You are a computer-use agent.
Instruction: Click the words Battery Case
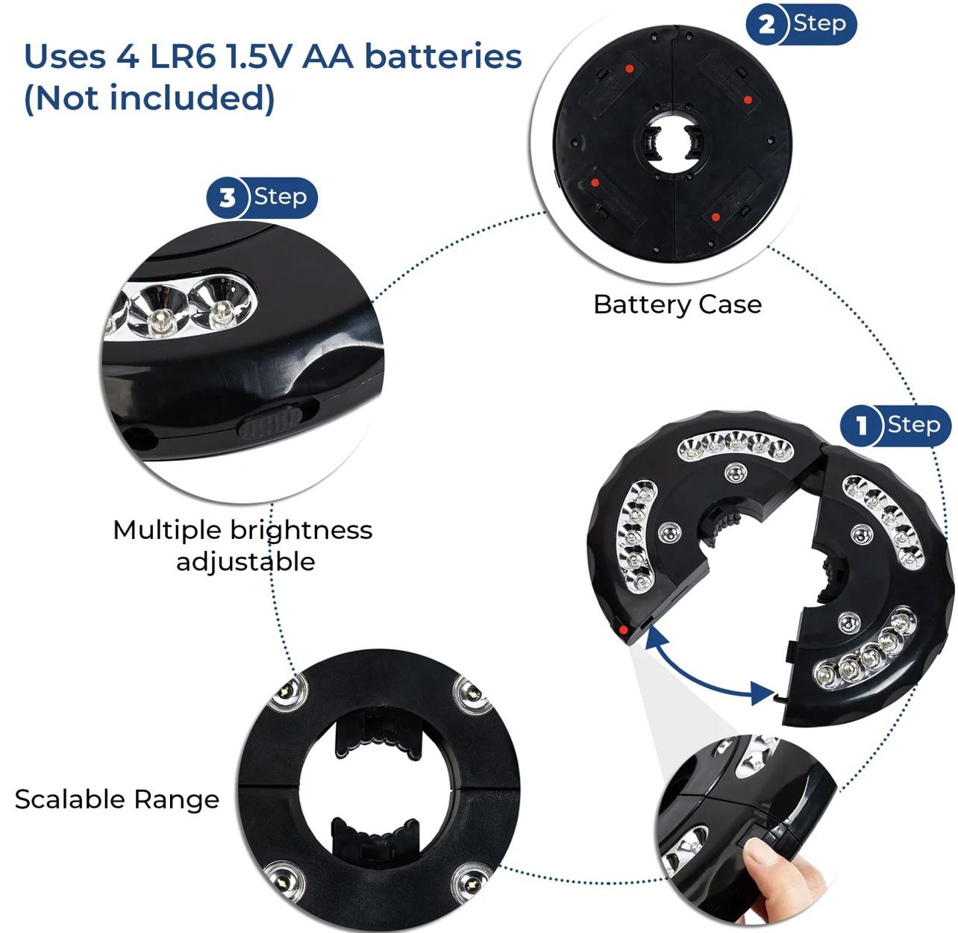point(677,305)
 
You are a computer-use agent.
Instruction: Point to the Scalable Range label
point(117,799)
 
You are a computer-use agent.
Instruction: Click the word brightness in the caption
point(301,530)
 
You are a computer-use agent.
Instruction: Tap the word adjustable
point(245,561)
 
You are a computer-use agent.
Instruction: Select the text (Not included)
point(149,98)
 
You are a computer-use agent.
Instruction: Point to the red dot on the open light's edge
point(622,632)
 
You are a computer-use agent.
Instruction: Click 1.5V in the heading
point(259,57)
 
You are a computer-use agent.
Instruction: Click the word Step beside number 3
point(280,196)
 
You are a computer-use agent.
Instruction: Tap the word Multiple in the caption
point(168,530)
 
